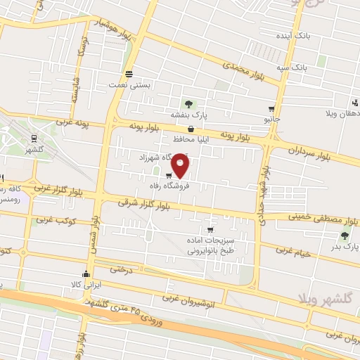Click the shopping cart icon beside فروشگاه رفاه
(x=169, y=176)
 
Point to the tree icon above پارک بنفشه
(x=188, y=103)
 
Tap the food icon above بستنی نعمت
(x=129, y=74)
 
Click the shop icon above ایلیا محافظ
(x=191, y=129)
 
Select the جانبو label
(x=271, y=120)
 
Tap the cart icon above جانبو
(x=271, y=109)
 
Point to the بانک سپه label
(x=291, y=67)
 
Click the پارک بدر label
(x=344, y=247)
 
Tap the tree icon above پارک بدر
(x=344, y=236)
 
